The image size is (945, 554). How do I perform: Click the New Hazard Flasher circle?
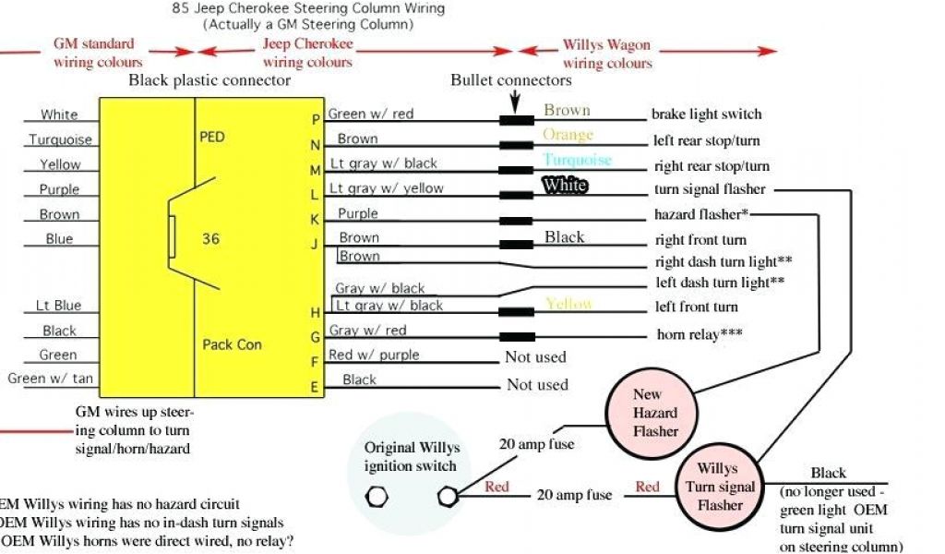654,413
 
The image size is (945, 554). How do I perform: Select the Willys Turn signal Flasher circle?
720,487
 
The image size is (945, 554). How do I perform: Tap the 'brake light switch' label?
707,114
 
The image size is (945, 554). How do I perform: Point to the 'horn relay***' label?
700,333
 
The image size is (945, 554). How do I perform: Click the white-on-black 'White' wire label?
565,186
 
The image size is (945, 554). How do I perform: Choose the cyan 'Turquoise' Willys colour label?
578,160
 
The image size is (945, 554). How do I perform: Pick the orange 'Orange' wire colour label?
568,135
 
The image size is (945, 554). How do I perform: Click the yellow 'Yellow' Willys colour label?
568,304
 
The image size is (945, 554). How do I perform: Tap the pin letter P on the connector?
316,119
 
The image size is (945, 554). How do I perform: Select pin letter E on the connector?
315,388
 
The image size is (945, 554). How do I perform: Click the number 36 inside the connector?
210,238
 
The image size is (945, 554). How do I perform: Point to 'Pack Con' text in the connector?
232,344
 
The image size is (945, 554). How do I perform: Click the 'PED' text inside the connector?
211,137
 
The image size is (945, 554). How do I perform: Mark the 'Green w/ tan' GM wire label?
50,379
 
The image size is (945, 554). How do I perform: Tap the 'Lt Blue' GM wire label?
58,306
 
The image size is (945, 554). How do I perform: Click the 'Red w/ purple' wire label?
374,355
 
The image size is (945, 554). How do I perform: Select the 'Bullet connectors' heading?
511,80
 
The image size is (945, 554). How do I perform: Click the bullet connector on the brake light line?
517,121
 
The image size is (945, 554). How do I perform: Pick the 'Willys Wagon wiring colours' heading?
607,54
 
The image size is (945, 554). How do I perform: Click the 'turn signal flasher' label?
709,189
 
